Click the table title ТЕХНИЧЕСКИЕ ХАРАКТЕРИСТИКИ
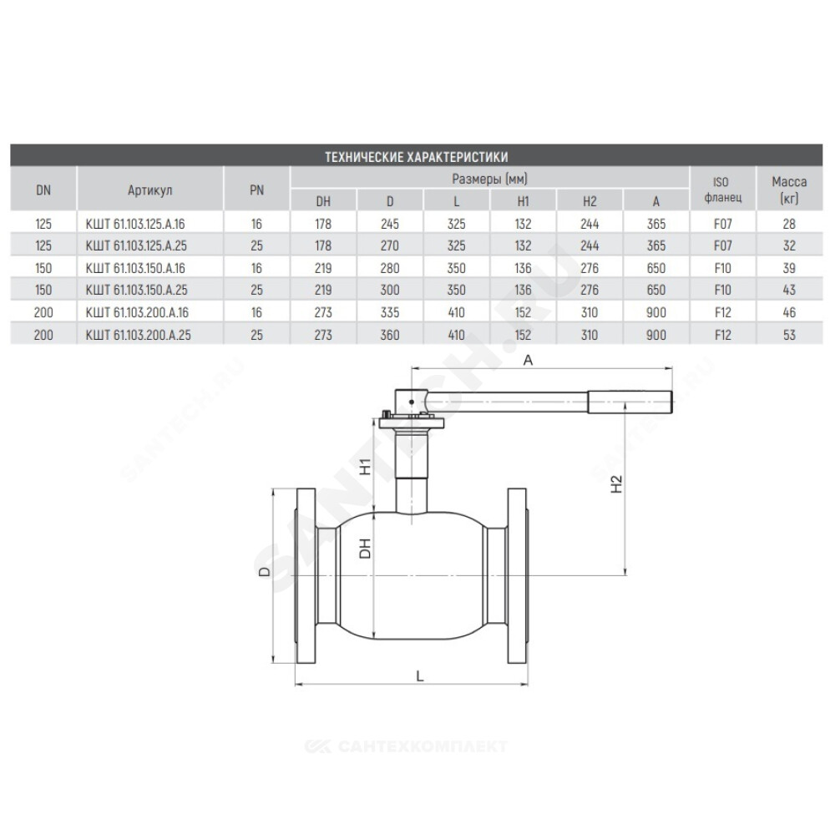pos(416,157)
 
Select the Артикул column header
pos(149,190)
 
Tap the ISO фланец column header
pos(722,190)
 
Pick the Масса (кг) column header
pos(789,190)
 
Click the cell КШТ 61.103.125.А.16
pos(135,224)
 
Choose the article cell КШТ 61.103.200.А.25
pos(138,335)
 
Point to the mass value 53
pos(789,335)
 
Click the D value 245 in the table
pos(390,224)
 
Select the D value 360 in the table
pos(390,335)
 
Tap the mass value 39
pos(789,268)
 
